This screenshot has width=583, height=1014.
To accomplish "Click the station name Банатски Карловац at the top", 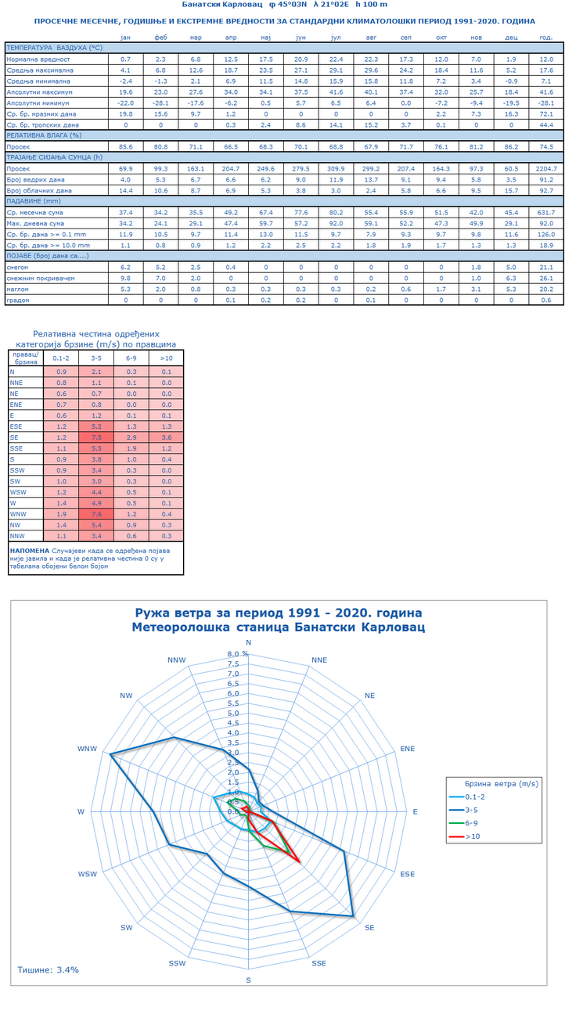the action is (x=221, y=5).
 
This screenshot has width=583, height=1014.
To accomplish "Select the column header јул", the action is (x=336, y=38).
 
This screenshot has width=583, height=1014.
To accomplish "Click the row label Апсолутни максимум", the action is (x=39, y=92).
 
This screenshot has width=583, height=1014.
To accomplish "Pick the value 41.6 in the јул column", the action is (x=336, y=92).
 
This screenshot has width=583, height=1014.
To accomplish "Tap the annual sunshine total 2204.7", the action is (x=546, y=168).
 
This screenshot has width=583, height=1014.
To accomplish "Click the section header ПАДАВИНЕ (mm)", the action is (x=34, y=201).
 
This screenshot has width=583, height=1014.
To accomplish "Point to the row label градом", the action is (x=18, y=300).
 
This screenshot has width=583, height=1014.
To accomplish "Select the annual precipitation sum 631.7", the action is (x=546, y=212).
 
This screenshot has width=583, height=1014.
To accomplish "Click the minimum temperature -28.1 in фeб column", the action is (x=160, y=102).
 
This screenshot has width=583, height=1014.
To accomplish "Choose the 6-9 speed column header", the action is (x=131, y=358).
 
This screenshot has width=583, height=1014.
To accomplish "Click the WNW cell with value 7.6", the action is (x=96, y=514).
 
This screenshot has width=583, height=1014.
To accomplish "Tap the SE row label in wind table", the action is (x=14, y=437).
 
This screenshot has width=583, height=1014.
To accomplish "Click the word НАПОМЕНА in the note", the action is (x=30, y=551).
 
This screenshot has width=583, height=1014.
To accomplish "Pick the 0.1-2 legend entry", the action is (x=467, y=796).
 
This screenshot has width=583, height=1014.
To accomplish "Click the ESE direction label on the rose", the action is (x=408, y=874).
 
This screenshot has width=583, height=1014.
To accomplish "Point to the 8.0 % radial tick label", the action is (x=238, y=654).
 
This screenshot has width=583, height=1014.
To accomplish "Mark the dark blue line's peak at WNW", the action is (x=110, y=753).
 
